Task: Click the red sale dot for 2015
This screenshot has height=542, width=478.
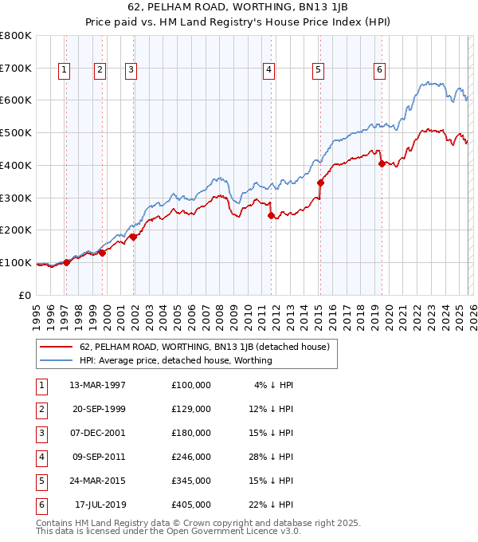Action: click(x=320, y=183)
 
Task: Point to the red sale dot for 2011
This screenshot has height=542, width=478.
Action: click(x=271, y=215)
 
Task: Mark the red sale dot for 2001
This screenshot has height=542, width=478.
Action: click(x=134, y=236)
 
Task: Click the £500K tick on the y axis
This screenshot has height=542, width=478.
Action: click(x=15, y=132)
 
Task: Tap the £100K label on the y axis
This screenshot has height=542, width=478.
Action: click(x=15, y=262)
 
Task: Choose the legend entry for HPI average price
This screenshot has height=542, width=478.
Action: click(x=175, y=360)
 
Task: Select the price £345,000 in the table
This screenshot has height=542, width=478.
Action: click(x=190, y=481)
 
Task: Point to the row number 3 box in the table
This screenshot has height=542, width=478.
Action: click(x=40, y=433)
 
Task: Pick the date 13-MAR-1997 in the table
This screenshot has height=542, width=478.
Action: click(x=98, y=385)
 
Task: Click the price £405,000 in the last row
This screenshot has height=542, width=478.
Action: click(x=190, y=505)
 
